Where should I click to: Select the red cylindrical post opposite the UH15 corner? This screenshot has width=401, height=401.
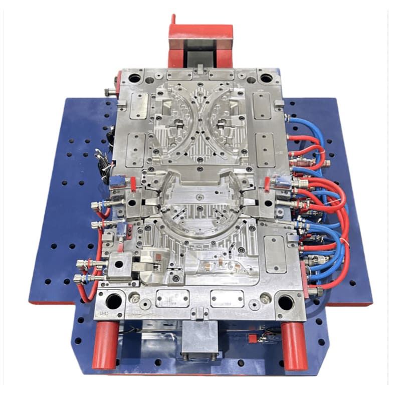click(x=294, y=346)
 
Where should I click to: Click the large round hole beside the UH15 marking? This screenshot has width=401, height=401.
click(x=114, y=301)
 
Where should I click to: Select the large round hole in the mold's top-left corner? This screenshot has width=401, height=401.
click(x=135, y=78)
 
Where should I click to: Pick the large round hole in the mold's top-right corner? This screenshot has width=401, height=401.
click(x=266, y=78)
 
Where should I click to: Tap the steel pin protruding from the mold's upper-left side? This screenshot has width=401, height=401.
click(x=109, y=92)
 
